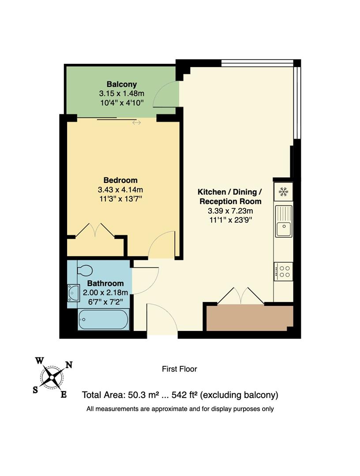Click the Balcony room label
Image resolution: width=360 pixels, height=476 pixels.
122,84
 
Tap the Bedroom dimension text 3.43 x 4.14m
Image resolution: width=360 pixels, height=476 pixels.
120,190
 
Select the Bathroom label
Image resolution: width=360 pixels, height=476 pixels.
105,283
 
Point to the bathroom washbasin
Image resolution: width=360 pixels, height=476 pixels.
73,293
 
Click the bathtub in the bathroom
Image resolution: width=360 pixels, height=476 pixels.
103,320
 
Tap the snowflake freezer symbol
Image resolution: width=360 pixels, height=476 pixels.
283,192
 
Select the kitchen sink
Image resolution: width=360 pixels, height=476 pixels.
283,222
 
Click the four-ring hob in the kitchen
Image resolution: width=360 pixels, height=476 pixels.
283,271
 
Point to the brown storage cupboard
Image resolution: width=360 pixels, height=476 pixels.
249,317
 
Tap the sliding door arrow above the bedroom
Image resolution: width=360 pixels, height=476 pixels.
136,122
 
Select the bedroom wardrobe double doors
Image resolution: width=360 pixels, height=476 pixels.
95,231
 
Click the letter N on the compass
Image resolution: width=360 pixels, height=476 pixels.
69,364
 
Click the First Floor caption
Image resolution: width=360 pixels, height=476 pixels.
179,369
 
